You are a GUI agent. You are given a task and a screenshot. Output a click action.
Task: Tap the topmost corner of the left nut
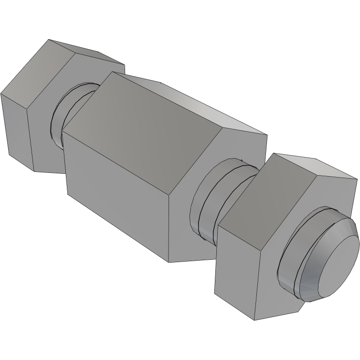point(50,40)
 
